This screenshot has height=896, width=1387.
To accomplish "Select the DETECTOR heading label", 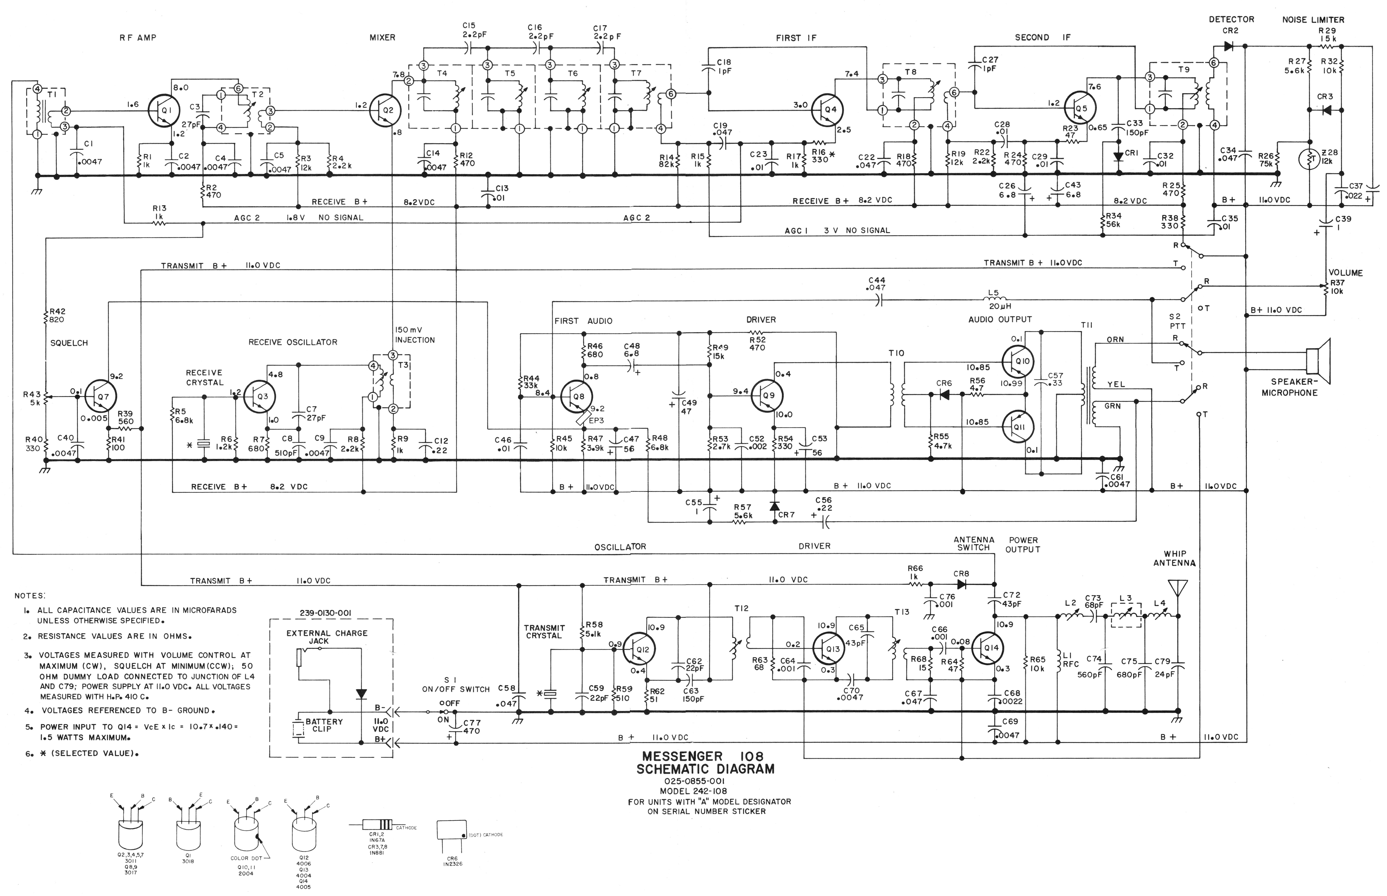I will [x=1231, y=19].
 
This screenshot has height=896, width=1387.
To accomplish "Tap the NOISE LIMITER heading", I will [x=1313, y=20].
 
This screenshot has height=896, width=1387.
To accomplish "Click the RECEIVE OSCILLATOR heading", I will [x=293, y=342].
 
